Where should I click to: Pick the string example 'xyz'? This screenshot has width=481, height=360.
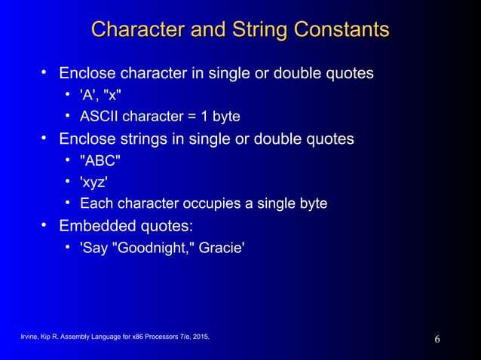[x=93, y=182]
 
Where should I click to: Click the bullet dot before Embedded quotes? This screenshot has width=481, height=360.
[x=46, y=225]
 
